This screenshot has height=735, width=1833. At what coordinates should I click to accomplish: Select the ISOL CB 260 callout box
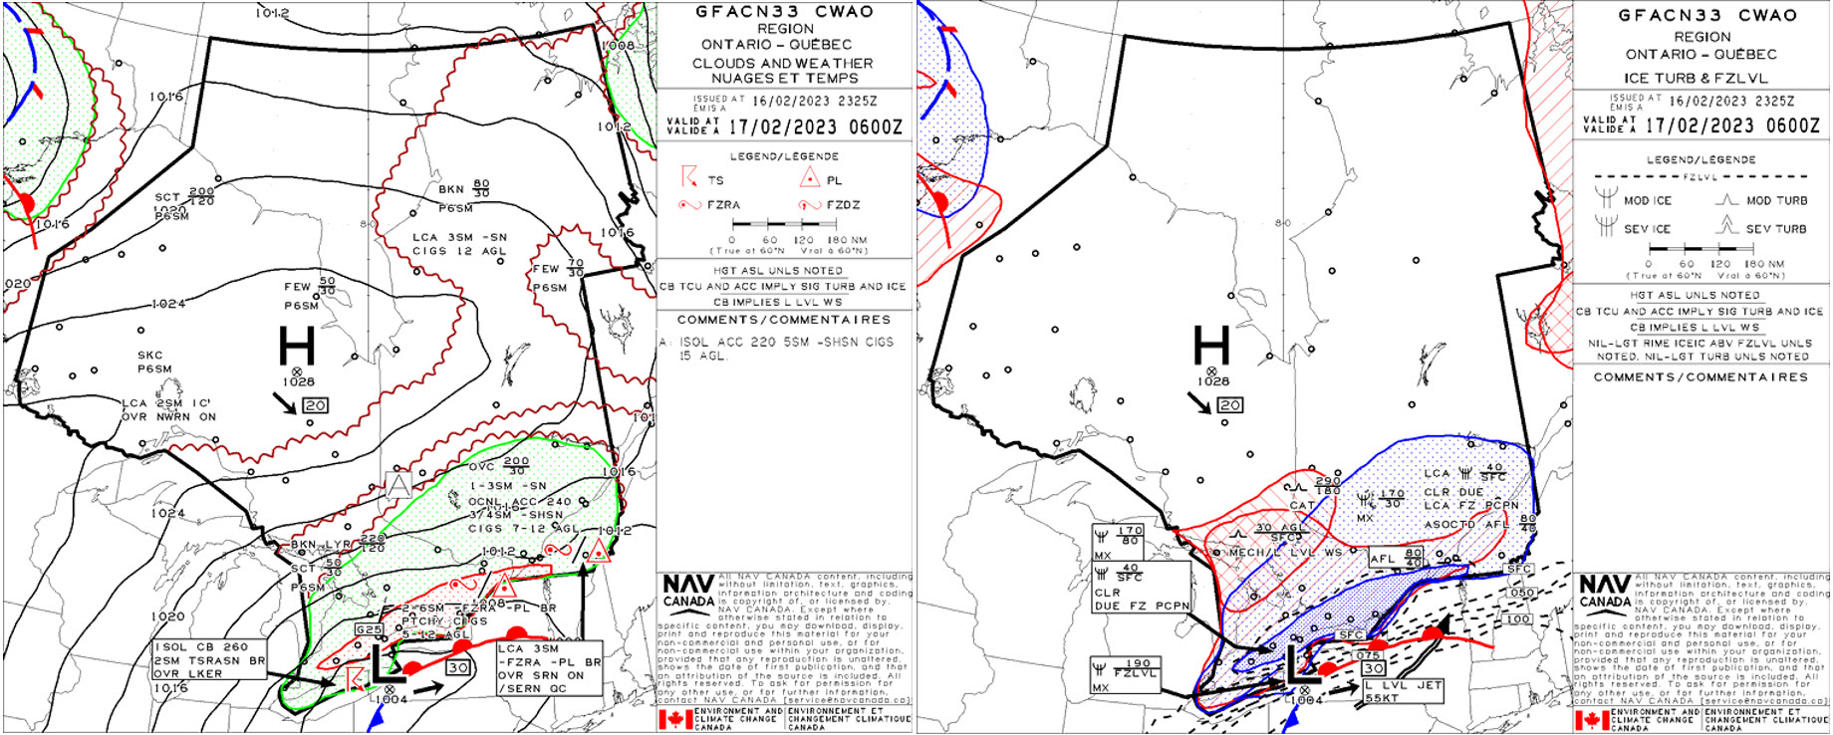tap(209, 660)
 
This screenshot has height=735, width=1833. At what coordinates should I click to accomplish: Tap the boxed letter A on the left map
tap(398, 486)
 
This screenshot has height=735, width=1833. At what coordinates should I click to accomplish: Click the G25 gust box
tap(369, 630)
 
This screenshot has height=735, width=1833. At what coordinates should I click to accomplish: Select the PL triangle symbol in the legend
tap(809, 179)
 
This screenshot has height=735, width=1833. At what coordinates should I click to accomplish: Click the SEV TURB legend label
tap(1776, 228)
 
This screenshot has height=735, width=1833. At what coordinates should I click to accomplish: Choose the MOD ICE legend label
tap(1648, 200)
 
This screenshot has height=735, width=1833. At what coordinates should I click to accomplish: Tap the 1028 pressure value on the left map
tap(298, 382)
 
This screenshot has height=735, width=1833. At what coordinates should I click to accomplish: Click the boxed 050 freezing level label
tap(1520, 593)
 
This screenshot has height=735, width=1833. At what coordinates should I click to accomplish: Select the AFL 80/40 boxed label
tap(1397, 558)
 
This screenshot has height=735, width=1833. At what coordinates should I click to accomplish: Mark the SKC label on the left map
tap(150, 356)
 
